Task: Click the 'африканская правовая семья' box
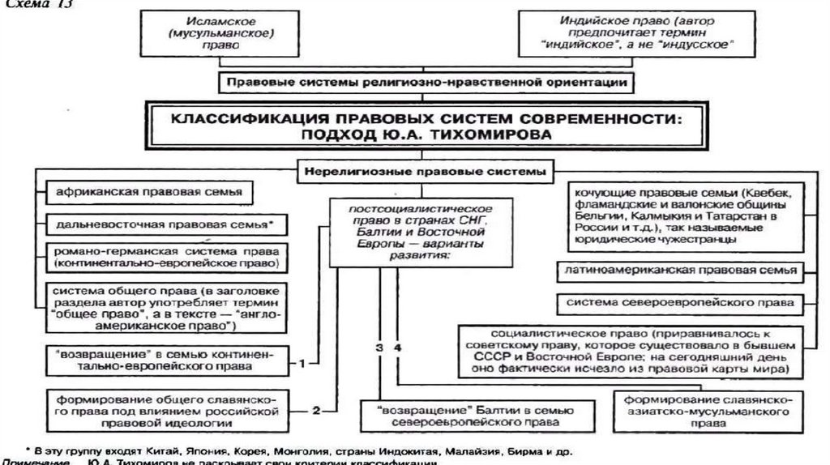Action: [x=150, y=194]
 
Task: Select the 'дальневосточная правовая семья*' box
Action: [x=162, y=223]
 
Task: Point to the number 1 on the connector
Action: [x=302, y=362]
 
